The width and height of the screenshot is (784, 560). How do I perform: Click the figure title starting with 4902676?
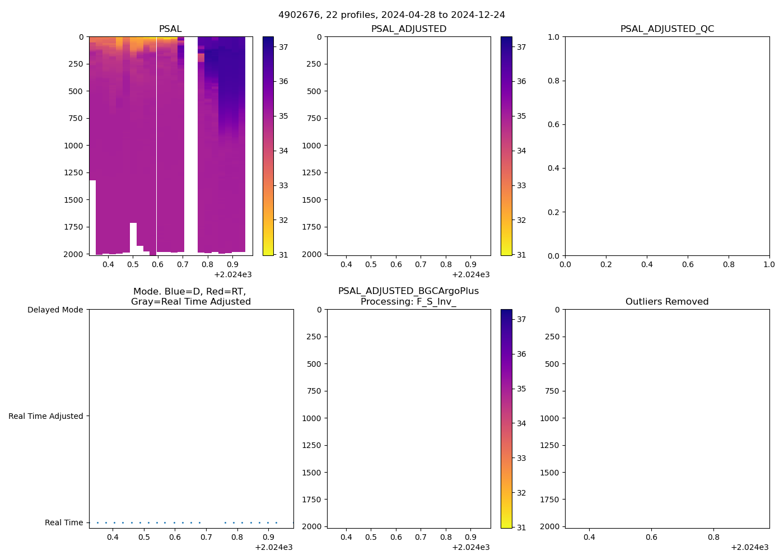pyautogui.click(x=391, y=15)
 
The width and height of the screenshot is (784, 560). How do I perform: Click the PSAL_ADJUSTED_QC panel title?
pyautogui.click(x=667, y=29)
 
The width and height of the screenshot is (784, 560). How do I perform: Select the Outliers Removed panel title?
pyautogui.click(x=667, y=301)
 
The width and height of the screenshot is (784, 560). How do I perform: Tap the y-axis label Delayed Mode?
pyautogui.click(x=55, y=310)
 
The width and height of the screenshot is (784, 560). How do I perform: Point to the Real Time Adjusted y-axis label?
pyautogui.click(x=45, y=416)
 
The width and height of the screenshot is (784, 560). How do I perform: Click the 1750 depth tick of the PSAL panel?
pyautogui.click(x=73, y=227)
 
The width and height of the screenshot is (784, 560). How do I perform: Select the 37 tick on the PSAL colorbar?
pyautogui.click(x=283, y=47)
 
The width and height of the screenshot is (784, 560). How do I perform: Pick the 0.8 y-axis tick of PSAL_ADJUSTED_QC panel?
pyautogui.click(x=553, y=81)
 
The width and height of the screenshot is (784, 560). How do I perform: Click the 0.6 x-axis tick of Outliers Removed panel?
pyautogui.click(x=651, y=537)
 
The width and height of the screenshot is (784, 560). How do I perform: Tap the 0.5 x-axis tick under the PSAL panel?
pyautogui.click(x=133, y=264)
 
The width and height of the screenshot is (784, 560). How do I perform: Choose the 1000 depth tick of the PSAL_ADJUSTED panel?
pyautogui.click(x=312, y=146)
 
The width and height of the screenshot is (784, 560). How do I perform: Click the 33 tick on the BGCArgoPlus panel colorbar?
pyautogui.click(x=521, y=458)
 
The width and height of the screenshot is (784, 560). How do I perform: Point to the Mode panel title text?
pyautogui.click(x=190, y=296)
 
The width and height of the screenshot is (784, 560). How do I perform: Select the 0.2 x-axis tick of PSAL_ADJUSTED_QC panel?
pyautogui.click(x=606, y=264)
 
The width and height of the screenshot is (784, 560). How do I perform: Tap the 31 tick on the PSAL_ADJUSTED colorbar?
pyautogui.click(x=521, y=255)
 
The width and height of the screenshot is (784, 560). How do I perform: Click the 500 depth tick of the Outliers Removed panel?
pyautogui.click(x=553, y=364)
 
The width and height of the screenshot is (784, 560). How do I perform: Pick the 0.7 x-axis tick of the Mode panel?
pyautogui.click(x=206, y=537)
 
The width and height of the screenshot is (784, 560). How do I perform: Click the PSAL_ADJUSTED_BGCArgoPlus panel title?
pyautogui.click(x=408, y=296)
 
